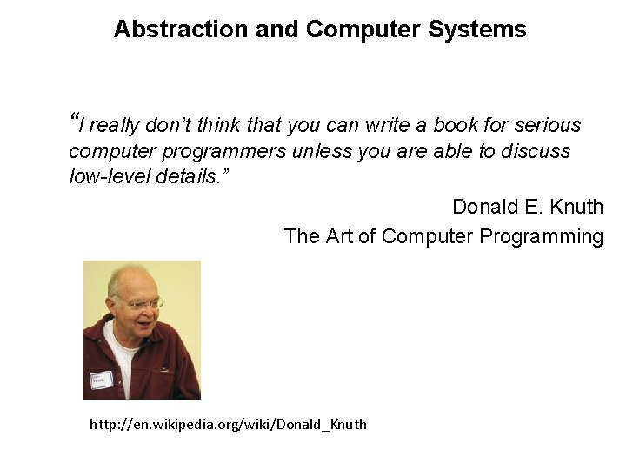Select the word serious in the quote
(x=547, y=125)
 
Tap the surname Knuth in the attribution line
(x=576, y=207)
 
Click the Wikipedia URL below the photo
(x=228, y=425)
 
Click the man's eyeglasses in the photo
(x=140, y=303)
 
